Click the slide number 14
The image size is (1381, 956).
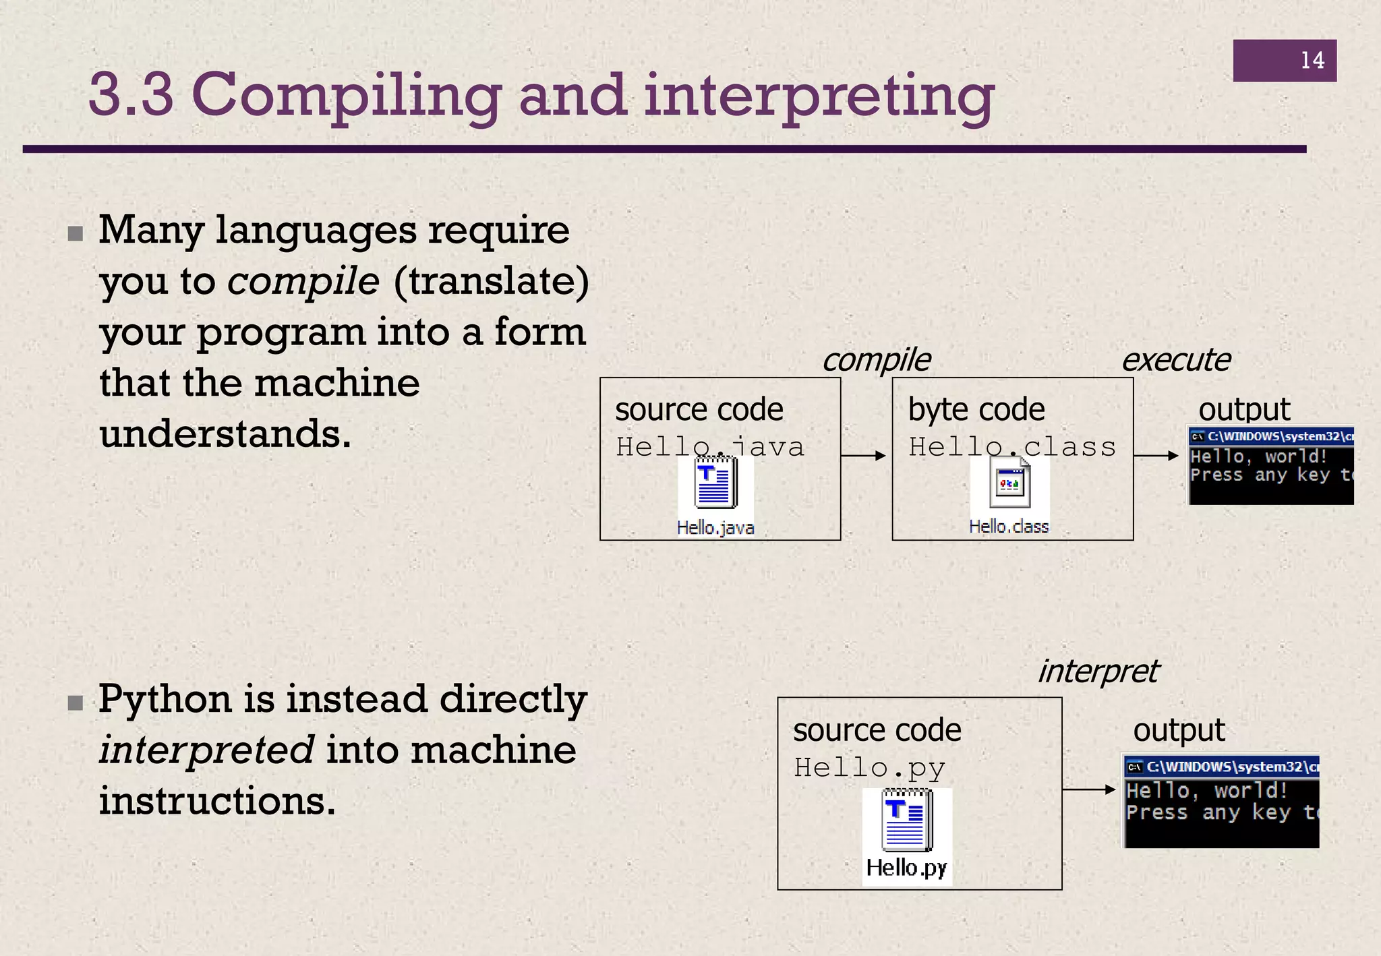(x=1312, y=61)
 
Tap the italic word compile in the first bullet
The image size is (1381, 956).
(x=303, y=281)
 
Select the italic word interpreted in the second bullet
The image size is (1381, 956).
(x=206, y=750)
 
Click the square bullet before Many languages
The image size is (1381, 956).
(x=76, y=234)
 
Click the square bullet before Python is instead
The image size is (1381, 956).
(x=76, y=703)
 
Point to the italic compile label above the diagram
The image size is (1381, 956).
(x=876, y=360)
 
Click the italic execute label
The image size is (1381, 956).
(x=1175, y=360)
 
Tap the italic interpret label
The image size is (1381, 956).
(x=1097, y=671)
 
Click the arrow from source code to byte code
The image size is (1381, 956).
(x=864, y=456)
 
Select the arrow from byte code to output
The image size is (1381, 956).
(x=1156, y=456)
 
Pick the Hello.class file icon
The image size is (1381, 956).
(x=1009, y=484)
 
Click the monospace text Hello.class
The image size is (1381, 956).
(x=1012, y=447)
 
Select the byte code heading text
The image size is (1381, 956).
(x=976, y=410)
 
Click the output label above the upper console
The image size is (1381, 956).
(x=1243, y=410)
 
